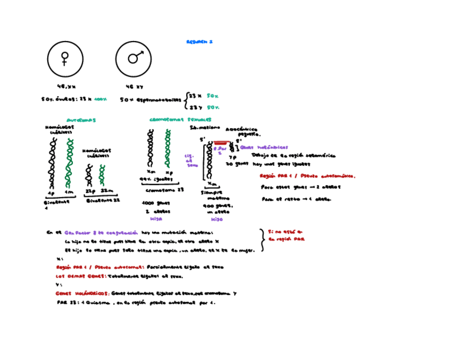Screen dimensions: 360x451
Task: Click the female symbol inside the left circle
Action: pos(65,58)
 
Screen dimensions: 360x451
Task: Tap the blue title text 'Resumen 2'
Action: pos(199,41)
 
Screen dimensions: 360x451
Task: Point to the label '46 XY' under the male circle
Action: pos(134,86)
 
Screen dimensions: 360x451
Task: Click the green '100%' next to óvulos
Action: pos(100,99)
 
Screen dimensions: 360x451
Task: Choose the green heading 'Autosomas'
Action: pos(81,120)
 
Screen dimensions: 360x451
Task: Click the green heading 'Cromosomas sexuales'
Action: pos(180,120)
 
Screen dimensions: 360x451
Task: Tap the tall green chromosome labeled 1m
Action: pos(69,160)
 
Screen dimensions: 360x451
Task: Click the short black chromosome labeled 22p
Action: pos(89,173)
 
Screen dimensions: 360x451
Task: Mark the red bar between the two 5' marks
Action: pos(221,143)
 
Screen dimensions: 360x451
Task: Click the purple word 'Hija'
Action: pos(156,219)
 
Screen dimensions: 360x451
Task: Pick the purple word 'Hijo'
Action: pos(217,219)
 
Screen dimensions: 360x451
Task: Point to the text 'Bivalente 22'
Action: pos(101,200)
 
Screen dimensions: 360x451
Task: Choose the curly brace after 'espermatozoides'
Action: pos(185,101)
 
